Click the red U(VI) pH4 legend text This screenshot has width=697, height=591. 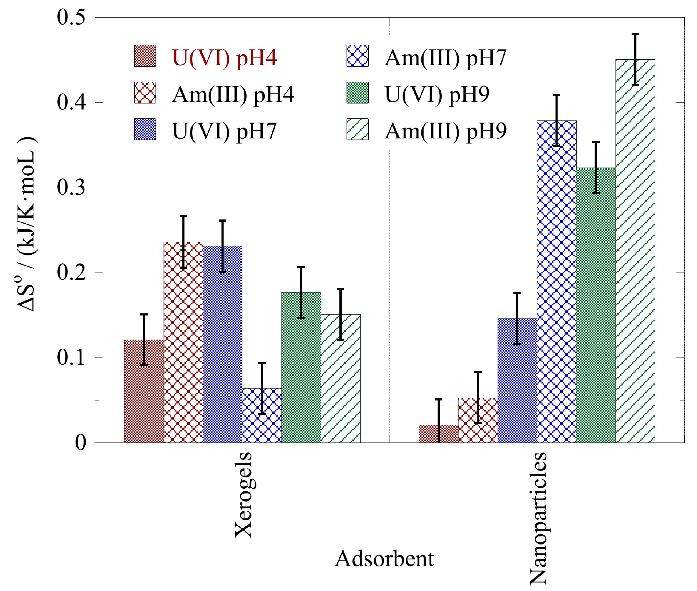point(224,58)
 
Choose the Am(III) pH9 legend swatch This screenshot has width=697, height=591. point(357,129)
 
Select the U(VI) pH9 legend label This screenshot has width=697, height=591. point(437,94)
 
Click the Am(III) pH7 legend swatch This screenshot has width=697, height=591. point(357,56)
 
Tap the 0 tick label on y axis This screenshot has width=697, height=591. point(81,443)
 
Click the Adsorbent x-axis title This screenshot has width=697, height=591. point(384,559)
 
